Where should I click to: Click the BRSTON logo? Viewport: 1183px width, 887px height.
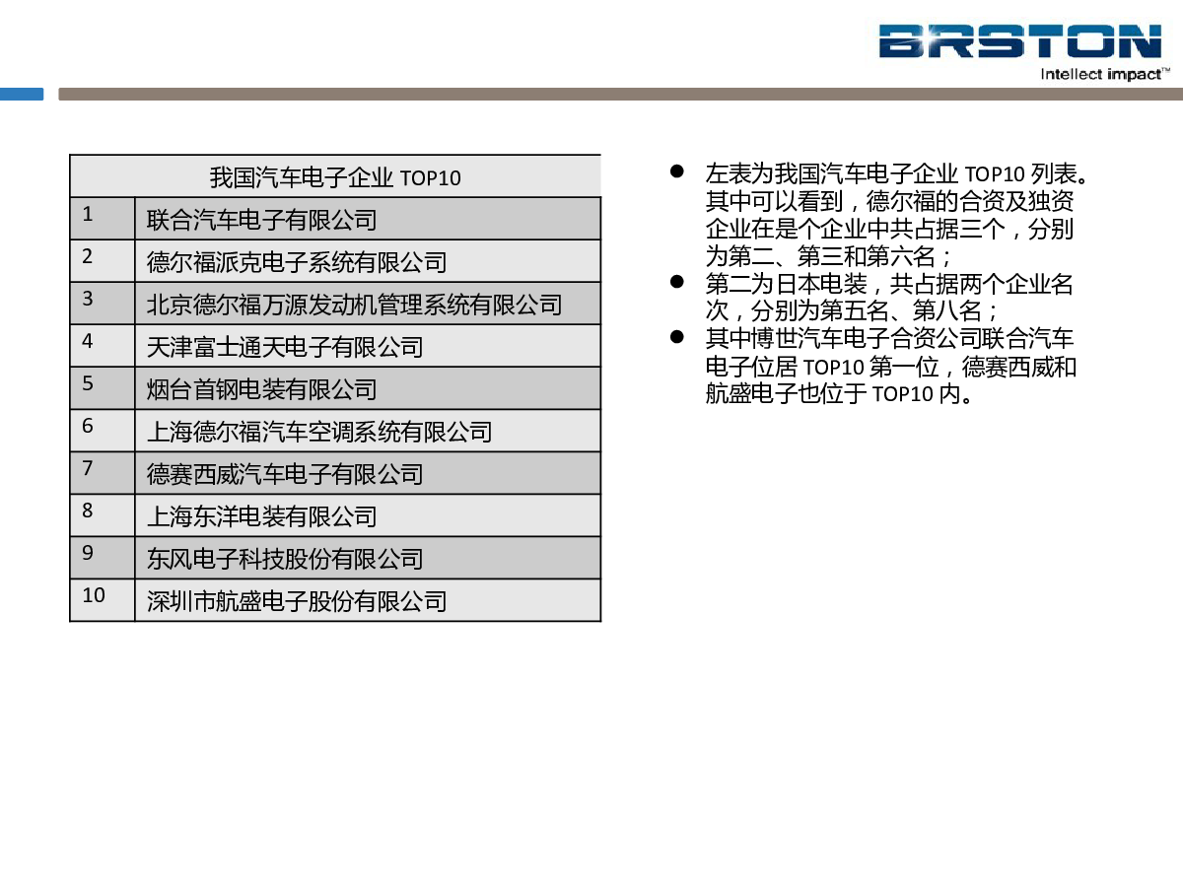[1019, 41]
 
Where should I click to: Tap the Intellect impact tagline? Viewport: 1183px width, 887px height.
[1105, 74]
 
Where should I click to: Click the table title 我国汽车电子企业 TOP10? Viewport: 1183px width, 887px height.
[335, 177]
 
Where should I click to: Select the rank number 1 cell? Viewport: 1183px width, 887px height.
[103, 218]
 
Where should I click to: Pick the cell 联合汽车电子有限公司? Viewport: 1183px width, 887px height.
[368, 218]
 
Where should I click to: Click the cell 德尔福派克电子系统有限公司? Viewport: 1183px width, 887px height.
[368, 260]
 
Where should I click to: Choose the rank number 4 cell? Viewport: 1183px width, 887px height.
[103, 346]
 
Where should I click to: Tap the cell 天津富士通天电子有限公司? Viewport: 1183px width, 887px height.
[368, 346]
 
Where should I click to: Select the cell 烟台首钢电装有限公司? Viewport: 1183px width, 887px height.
[368, 388]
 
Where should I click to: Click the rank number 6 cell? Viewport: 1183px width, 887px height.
[103, 431]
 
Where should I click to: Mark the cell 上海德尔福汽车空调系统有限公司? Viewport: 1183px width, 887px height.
[368, 431]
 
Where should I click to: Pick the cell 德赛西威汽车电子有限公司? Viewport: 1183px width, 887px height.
[368, 473]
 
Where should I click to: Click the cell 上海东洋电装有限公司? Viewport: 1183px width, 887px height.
[368, 515]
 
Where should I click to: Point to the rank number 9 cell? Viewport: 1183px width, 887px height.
[103, 558]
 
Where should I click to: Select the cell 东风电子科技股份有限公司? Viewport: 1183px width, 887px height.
[368, 558]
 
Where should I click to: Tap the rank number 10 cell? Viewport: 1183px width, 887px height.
[103, 600]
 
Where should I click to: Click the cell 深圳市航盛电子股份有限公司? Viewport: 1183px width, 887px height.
[368, 600]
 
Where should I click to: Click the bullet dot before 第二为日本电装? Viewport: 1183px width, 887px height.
[677, 282]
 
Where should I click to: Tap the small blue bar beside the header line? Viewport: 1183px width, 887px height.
[22, 95]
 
